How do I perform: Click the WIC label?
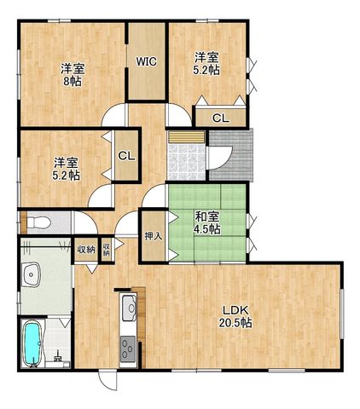click(146, 61)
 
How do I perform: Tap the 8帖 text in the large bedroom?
click(73, 82)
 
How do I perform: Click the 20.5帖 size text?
click(235, 323)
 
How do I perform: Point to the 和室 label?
click(206, 217)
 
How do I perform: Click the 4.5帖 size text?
click(206, 229)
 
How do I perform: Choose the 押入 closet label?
click(154, 236)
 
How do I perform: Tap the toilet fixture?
click(38, 222)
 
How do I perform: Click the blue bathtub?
click(32, 344)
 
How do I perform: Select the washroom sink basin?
click(32, 274)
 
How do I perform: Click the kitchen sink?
click(130, 308)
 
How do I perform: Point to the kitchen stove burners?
click(128, 349)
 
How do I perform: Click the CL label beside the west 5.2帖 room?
click(126, 156)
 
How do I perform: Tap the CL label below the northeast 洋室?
click(221, 118)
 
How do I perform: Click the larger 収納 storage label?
click(86, 250)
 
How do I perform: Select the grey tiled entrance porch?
click(231, 155)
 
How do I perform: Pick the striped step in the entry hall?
click(186, 137)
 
